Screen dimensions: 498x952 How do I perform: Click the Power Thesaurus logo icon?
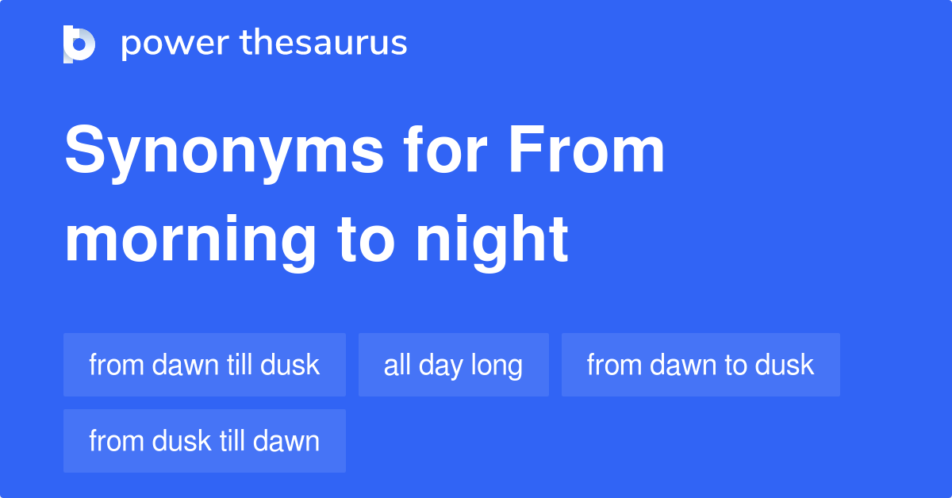click(x=79, y=44)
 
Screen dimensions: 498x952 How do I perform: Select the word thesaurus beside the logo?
click(x=324, y=44)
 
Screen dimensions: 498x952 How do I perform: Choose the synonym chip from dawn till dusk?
click(x=204, y=365)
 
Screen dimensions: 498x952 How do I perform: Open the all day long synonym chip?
click(x=453, y=365)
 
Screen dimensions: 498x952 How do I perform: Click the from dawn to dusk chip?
click(x=701, y=365)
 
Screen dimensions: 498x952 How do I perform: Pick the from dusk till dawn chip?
click(x=204, y=441)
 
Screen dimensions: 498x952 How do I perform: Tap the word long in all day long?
click(x=497, y=365)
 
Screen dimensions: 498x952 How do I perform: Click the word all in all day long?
click(x=396, y=365)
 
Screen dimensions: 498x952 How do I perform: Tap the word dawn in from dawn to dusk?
click(x=687, y=365)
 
